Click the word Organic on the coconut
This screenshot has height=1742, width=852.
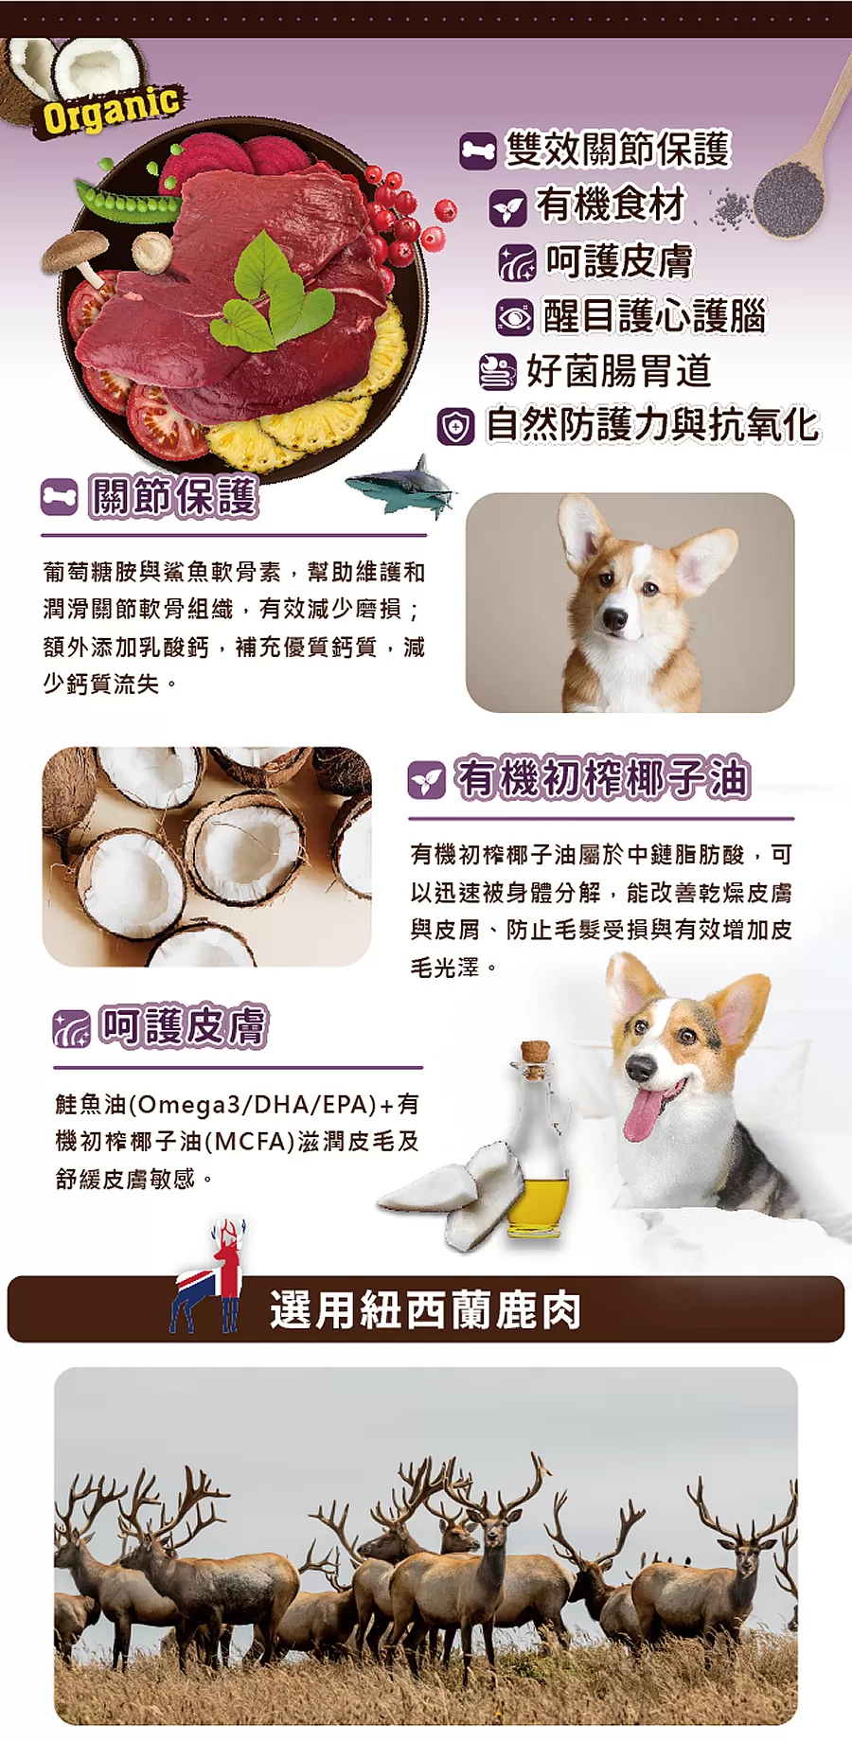[111, 108]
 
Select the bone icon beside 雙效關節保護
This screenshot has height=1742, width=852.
[478, 151]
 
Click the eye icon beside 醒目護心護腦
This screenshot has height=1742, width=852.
[515, 316]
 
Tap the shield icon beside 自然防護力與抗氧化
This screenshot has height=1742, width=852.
[455, 426]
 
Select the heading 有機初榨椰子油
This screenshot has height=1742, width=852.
[603, 779]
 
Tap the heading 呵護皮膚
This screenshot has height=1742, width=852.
[184, 1026]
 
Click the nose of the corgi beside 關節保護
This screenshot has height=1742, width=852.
[614, 620]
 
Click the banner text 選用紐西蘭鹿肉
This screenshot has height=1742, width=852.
[425, 1310]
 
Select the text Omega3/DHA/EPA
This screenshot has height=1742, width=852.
[252, 1104]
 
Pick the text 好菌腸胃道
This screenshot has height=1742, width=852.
[619, 371]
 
